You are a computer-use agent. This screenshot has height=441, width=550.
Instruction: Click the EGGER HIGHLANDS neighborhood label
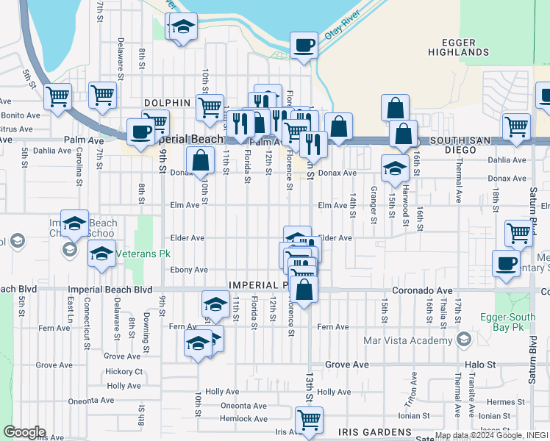click(x=459, y=47)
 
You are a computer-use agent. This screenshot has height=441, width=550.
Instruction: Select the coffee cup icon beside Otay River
click(x=304, y=46)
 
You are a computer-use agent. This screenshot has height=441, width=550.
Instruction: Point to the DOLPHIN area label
click(x=168, y=104)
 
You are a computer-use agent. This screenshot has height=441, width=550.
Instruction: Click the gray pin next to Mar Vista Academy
click(x=463, y=340)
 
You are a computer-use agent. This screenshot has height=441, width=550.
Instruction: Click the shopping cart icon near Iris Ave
click(x=309, y=420)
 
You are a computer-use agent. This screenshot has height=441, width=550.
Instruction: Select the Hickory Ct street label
click(x=123, y=372)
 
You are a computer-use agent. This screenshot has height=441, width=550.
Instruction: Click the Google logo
click(x=24, y=432)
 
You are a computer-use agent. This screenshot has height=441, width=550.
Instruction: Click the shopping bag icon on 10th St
click(x=200, y=161)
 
